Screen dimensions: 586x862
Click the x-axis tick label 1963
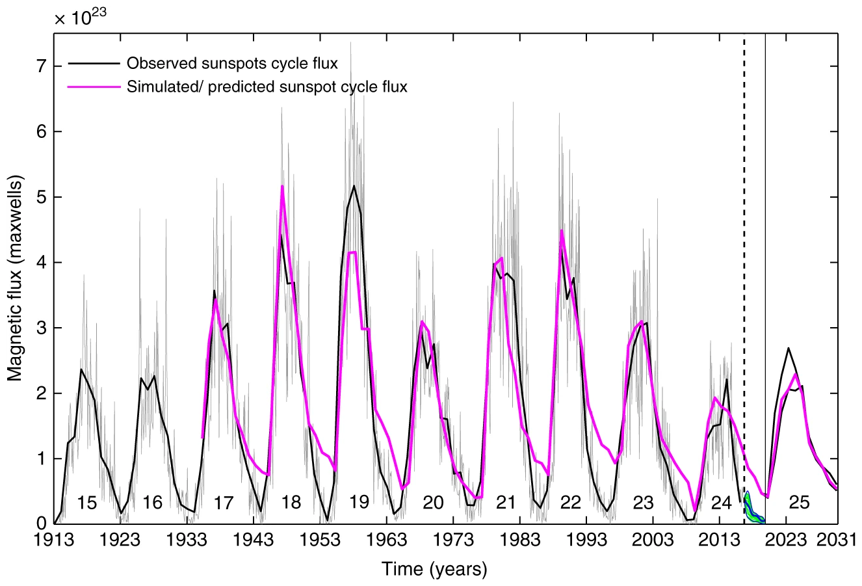(x=387, y=540)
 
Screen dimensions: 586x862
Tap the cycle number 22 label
(x=570, y=503)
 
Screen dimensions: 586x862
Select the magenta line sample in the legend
(x=94, y=86)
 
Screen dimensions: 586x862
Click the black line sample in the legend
(x=94, y=64)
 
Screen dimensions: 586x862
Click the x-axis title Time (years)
(x=434, y=570)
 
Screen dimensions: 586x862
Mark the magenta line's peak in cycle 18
(x=282, y=187)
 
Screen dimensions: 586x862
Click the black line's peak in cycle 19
(x=354, y=186)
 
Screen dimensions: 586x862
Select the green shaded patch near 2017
(x=751, y=510)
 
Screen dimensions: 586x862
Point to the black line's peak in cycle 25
(x=788, y=348)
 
